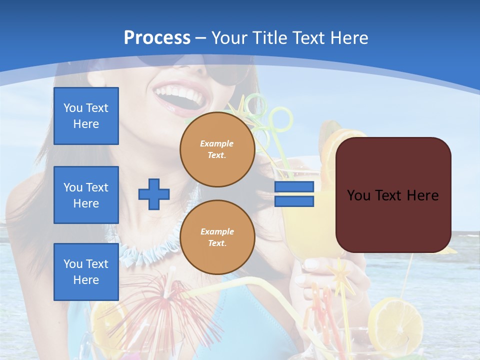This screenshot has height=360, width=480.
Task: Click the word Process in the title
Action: (157, 38)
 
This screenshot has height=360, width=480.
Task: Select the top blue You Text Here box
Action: (86, 116)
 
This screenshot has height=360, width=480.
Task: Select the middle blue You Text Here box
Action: (86, 195)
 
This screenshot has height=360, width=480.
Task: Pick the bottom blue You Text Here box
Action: (86, 271)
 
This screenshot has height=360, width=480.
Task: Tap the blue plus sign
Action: (154, 194)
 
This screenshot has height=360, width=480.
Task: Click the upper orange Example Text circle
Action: (217, 149)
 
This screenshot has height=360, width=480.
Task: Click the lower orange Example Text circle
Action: (217, 237)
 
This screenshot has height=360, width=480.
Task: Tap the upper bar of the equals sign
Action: (294, 187)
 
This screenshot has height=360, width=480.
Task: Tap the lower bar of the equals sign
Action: (294, 201)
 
